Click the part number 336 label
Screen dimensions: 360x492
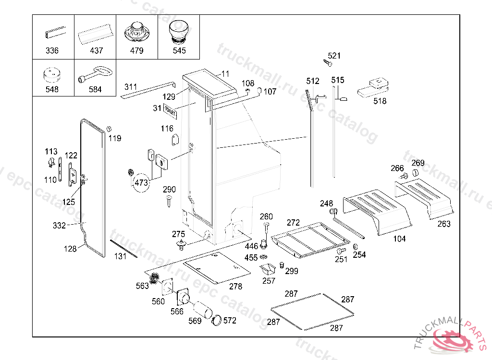pyautogui.click(x=52, y=50)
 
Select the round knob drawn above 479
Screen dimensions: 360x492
pyautogui.click(x=136, y=33)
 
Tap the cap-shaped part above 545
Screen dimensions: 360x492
pyautogui.click(x=179, y=33)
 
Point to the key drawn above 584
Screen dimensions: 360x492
pyautogui.click(x=96, y=75)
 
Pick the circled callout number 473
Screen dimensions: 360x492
pyautogui.click(x=141, y=183)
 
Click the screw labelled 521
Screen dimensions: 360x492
pyautogui.click(x=329, y=63)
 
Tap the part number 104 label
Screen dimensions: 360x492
pyautogui.click(x=399, y=239)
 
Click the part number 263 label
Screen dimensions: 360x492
pyautogui.click(x=444, y=224)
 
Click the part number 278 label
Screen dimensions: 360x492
pyautogui.click(x=235, y=287)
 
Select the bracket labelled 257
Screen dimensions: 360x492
pyautogui.click(x=268, y=270)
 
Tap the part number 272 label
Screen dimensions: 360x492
pyautogui.click(x=293, y=223)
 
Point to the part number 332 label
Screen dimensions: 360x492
pyautogui.click(x=59, y=226)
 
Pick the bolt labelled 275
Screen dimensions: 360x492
pyautogui.click(x=182, y=246)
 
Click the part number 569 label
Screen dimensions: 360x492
pyautogui.click(x=195, y=321)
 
